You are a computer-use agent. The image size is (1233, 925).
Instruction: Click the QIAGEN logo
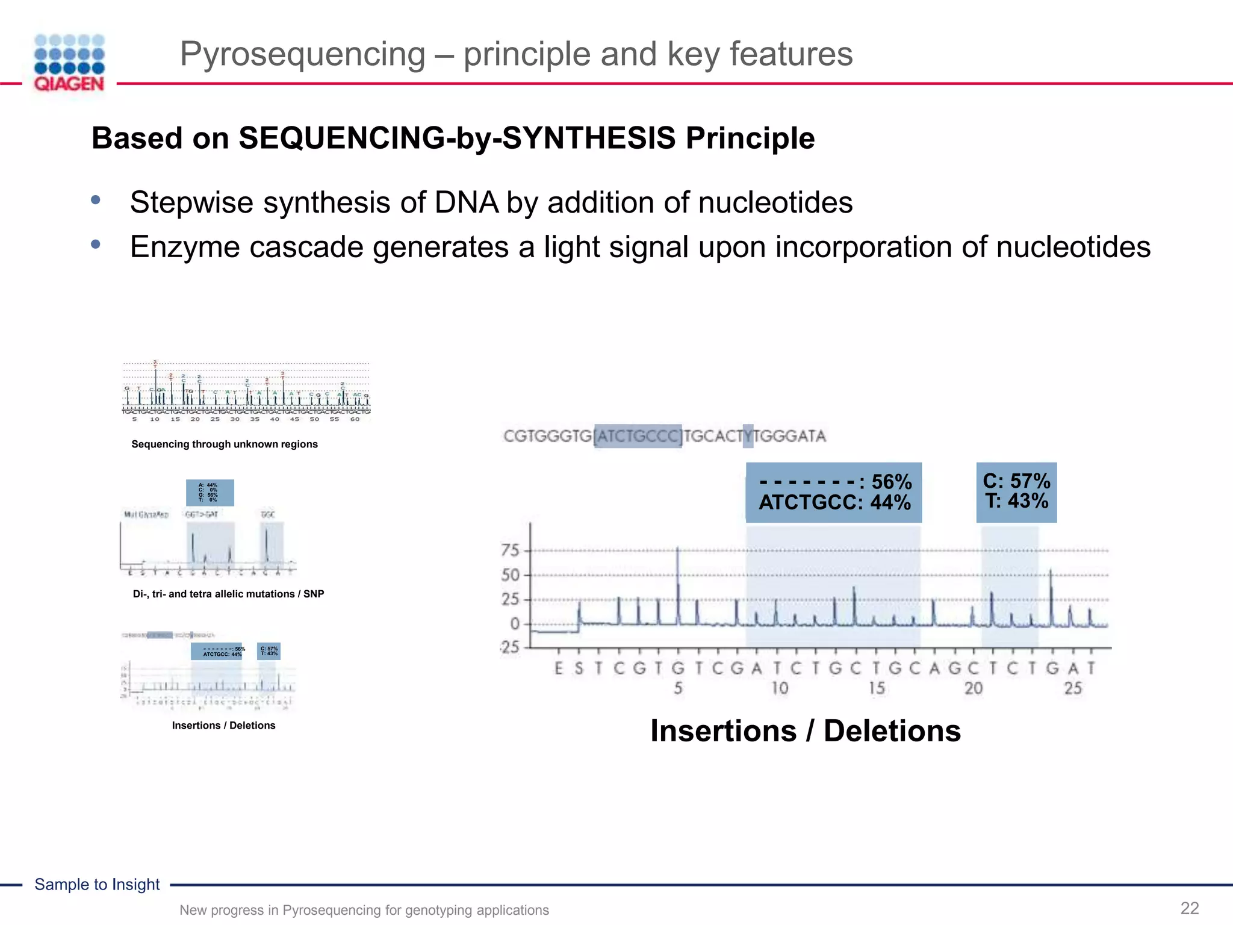pos(69,63)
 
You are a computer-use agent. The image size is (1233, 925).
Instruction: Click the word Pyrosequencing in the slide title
pos(302,54)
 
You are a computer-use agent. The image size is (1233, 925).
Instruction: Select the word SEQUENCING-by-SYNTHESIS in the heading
pos(457,139)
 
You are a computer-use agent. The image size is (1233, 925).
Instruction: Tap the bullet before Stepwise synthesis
pos(96,200)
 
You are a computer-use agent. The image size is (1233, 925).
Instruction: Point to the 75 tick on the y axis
pos(510,550)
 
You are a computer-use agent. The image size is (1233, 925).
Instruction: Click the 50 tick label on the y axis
pos(510,575)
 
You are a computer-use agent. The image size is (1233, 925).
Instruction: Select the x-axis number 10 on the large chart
pos(780,688)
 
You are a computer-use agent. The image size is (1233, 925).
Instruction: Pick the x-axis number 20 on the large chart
pos(974,688)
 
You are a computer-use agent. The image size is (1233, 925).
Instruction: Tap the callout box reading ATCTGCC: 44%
pos(834,493)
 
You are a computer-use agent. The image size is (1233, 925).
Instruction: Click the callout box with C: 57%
pos(1016,491)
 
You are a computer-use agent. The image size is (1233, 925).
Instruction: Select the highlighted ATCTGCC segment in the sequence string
pos(638,436)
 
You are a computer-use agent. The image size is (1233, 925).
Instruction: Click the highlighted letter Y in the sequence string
pos(748,436)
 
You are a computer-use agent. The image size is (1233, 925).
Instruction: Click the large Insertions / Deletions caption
pos(805,731)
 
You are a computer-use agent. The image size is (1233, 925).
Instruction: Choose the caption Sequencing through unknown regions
pos(224,444)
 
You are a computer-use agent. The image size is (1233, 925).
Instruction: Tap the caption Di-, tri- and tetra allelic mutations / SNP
pos(228,594)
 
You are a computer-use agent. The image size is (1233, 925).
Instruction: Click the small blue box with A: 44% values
pos(210,493)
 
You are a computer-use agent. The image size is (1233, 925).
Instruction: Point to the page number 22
pos(1189,908)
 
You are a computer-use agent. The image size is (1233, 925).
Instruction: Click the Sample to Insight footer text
pos(97,885)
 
